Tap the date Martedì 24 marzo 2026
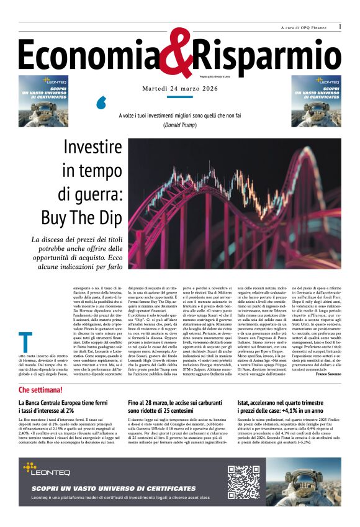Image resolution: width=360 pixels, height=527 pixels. point(179,89)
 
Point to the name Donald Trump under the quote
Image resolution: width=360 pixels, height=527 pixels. point(179,125)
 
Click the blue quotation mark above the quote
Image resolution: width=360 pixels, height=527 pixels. point(100,103)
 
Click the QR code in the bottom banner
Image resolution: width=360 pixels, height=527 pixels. point(243,482)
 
